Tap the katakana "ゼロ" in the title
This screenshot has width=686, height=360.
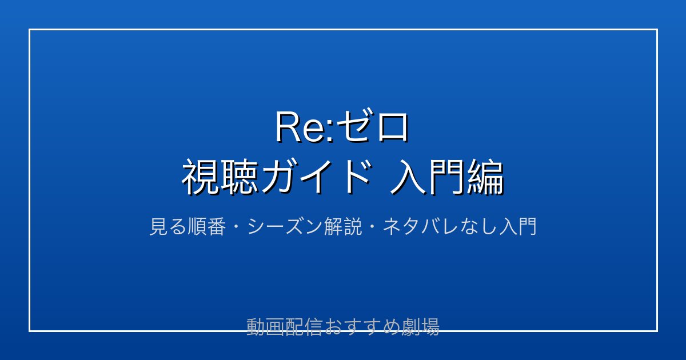[372, 127]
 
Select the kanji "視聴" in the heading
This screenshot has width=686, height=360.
[220, 177]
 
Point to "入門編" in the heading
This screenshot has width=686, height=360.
[447, 177]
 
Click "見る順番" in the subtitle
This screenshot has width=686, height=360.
[188, 226]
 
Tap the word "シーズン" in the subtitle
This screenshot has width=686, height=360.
[285, 226]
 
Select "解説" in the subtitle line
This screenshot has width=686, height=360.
[343, 226]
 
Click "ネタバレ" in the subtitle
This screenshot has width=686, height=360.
[421, 226]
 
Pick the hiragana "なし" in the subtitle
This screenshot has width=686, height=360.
[478, 226]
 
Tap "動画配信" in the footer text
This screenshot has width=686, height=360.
[284, 327]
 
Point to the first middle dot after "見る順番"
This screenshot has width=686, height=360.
[237, 227]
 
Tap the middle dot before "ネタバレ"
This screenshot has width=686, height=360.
[372, 227]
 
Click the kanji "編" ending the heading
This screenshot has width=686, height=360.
[485, 177]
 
